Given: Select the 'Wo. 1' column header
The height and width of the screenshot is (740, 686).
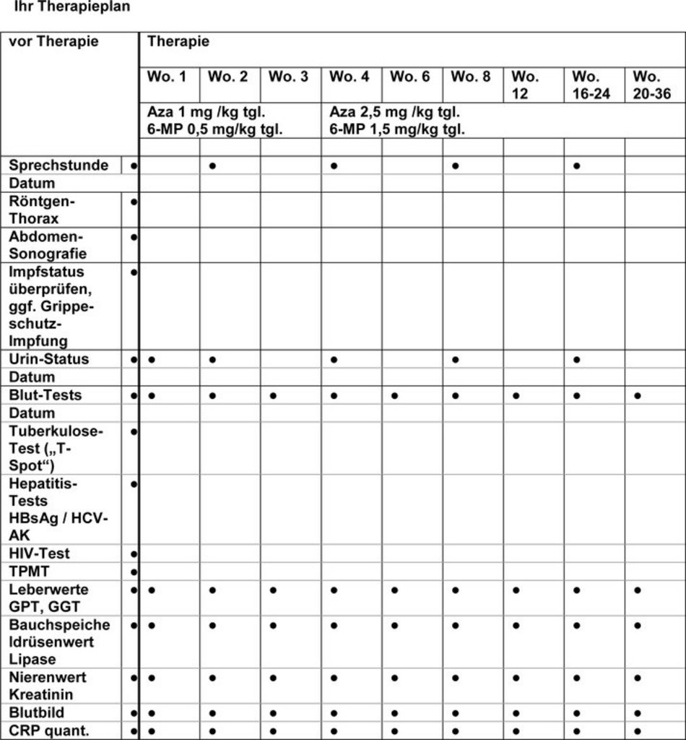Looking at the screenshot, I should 167,77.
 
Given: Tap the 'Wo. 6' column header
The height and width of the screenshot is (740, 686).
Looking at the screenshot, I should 410,77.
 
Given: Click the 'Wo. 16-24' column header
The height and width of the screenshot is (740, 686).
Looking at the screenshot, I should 591,85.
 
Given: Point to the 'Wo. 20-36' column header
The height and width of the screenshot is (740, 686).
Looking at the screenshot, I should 652,85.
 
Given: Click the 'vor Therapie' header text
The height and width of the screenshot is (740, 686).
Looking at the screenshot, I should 53,41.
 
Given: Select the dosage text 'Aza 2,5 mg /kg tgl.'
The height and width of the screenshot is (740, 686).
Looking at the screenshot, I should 395,113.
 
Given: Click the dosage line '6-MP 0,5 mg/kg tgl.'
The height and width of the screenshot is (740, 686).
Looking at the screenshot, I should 214,130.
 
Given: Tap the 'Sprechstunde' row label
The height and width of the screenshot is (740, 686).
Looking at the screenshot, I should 58,165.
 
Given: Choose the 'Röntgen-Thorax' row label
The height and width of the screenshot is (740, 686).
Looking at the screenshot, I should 43,210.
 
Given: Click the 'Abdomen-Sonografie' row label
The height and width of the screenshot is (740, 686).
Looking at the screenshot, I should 48,245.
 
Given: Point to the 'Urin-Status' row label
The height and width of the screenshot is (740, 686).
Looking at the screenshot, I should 49,359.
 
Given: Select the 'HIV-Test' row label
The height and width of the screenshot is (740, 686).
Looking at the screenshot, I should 40,554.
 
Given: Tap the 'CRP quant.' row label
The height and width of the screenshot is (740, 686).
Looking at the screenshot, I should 49,731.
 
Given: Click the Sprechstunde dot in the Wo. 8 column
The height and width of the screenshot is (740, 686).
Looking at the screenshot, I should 456,165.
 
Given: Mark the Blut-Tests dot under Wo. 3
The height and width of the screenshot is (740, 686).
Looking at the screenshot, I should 273,396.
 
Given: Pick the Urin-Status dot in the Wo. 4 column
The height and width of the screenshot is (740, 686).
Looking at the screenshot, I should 334,359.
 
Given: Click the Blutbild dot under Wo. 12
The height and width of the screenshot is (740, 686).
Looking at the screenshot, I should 516,713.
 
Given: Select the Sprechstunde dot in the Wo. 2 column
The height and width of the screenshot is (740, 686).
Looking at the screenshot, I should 212,165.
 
